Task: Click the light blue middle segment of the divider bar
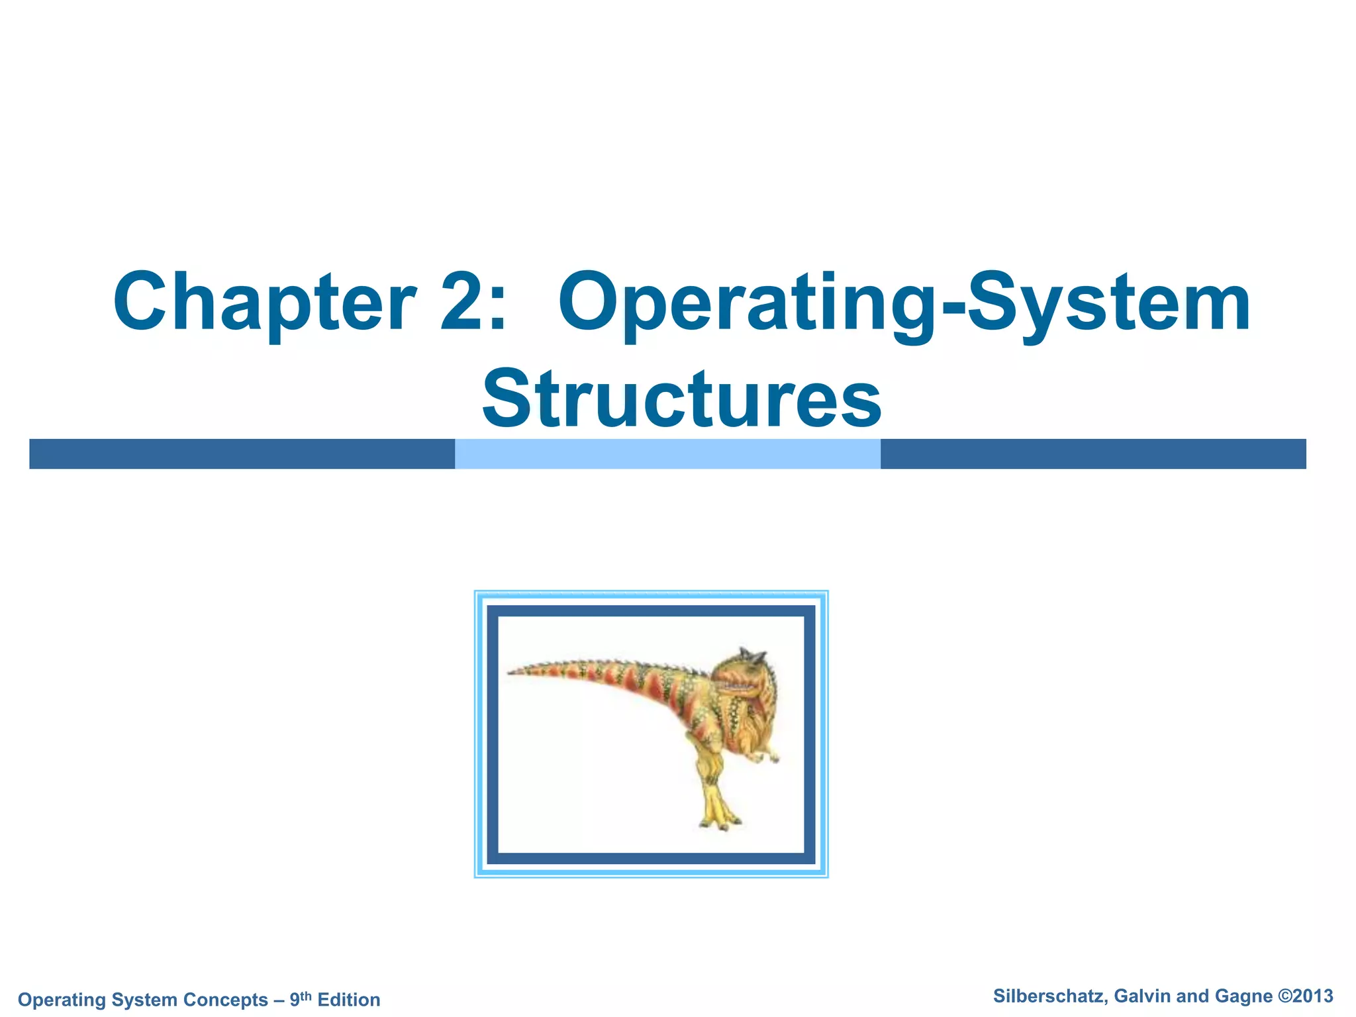[x=667, y=454]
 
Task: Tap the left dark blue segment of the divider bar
[x=242, y=454]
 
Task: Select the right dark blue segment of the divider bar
[x=1092, y=454]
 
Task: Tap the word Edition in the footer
[x=349, y=999]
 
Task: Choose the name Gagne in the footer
[x=1243, y=996]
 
